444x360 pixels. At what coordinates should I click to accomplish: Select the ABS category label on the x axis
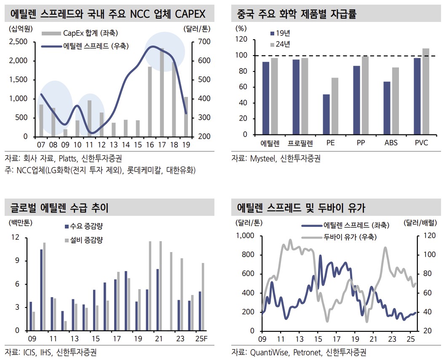click(391, 143)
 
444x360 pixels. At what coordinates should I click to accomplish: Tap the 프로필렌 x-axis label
click(300, 143)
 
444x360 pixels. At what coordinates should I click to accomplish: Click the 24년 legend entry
click(283, 44)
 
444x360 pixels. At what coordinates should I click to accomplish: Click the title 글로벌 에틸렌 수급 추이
click(59, 208)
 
